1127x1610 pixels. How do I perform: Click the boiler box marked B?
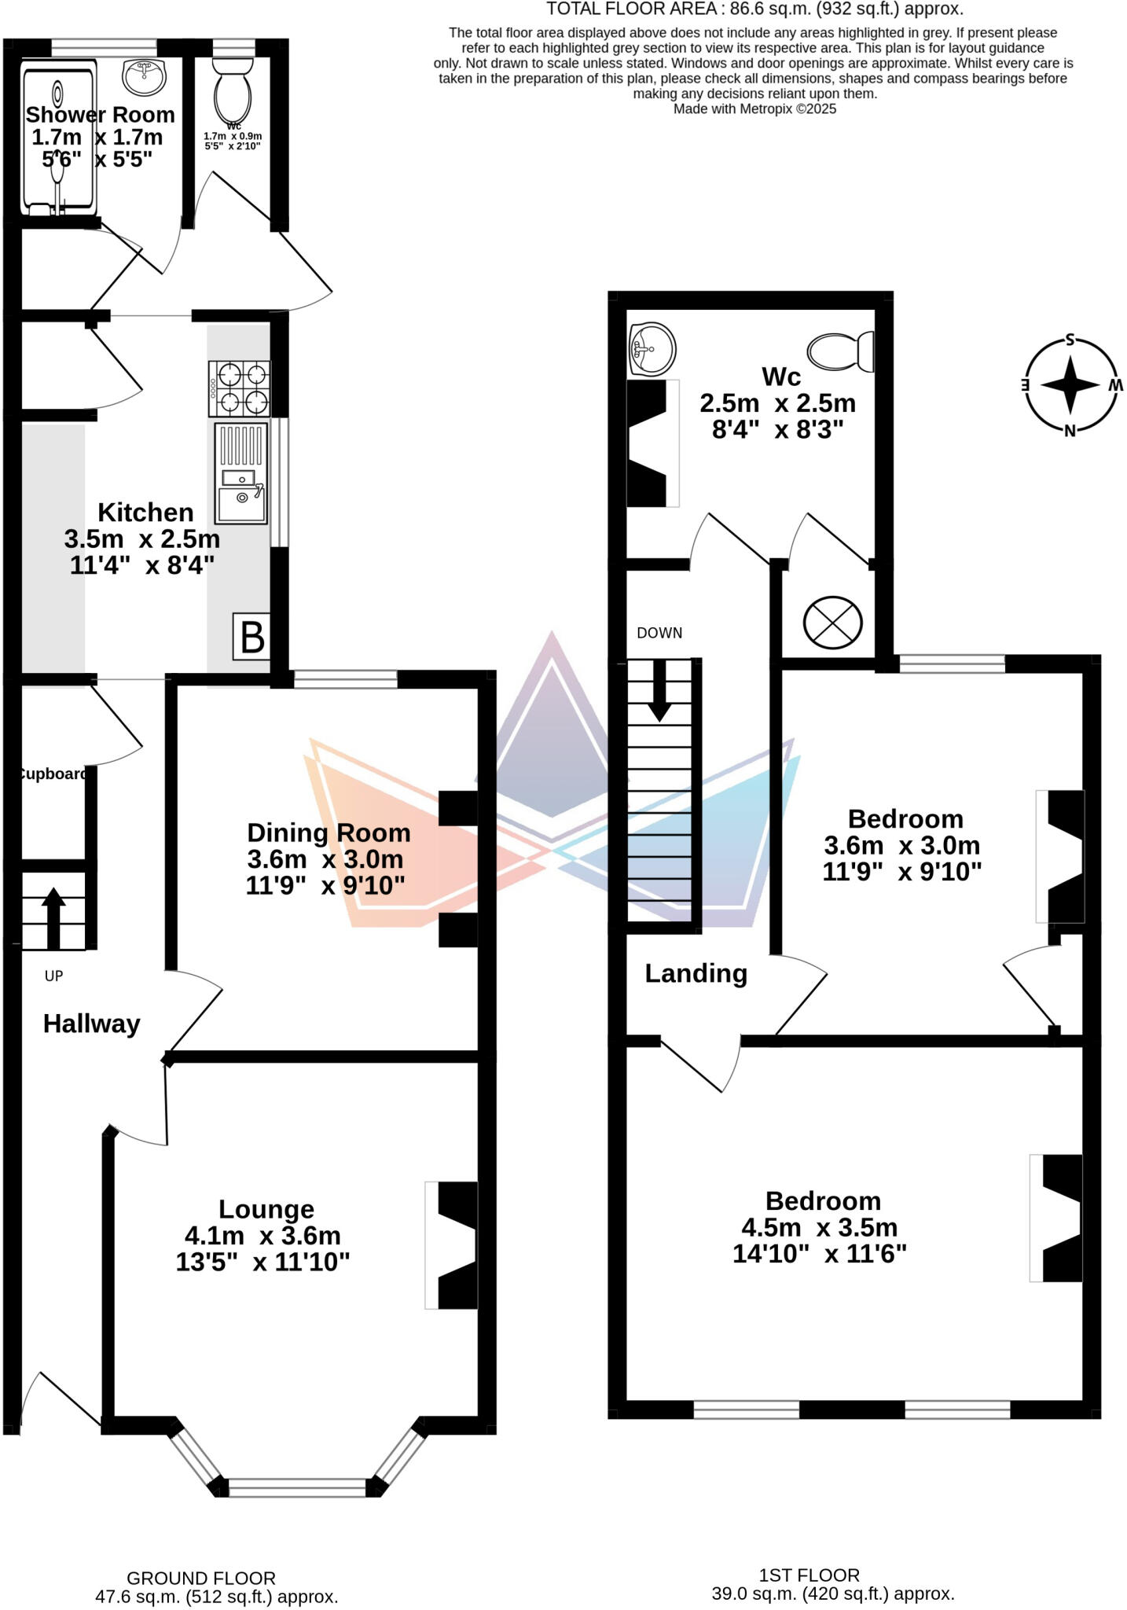pyautogui.click(x=251, y=637)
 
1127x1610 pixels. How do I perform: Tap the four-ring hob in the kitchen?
pyautogui.click(x=240, y=388)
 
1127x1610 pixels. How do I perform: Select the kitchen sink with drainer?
pyautogui.click(x=241, y=474)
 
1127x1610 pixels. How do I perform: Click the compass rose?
pyautogui.click(x=1070, y=385)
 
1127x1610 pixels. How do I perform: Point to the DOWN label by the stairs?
pyautogui.click(x=659, y=633)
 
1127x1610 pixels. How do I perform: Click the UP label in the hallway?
pyautogui.click(x=53, y=976)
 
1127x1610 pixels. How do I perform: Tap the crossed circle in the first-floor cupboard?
pyautogui.click(x=832, y=623)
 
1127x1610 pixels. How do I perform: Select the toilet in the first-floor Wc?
pyautogui.click(x=841, y=351)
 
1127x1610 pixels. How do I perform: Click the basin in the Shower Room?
pyautogui.click(x=145, y=77)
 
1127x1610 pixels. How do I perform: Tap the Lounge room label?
pyautogui.click(x=266, y=1208)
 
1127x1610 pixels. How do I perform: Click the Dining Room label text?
pyautogui.click(x=329, y=833)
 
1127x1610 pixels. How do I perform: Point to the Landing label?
pyautogui.click(x=696, y=973)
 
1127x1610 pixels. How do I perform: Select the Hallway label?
pyautogui.click(x=91, y=1024)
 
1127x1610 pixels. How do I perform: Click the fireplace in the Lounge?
pyautogui.click(x=454, y=1245)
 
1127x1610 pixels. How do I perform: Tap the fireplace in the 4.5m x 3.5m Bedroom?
pyautogui.click(x=1059, y=1218)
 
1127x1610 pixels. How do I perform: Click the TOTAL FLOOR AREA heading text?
pyautogui.click(x=754, y=9)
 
